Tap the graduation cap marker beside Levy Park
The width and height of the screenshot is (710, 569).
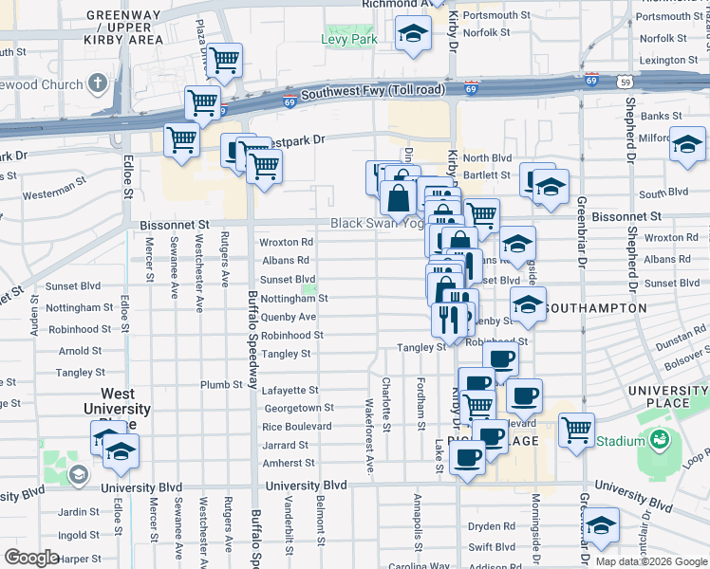pyautogui.click(x=412, y=36)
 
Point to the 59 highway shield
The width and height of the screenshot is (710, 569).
pyautogui.click(x=624, y=83)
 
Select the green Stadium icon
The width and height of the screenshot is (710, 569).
pyautogui.click(x=659, y=440)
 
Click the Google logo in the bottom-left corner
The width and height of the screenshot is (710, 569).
pyautogui.click(x=31, y=558)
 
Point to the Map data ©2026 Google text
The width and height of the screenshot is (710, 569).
pyautogui.click(x=651, y=561)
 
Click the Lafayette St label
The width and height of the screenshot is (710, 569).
pyautogui.click(x=290, y=390)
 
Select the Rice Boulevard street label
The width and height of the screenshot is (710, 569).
pyautogui.click(x=296, y=426)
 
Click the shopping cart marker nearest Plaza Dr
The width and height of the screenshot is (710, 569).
pyautogui.click(x=224, y=61)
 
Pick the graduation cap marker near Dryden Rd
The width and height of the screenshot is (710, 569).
pyautogui.click(x=602, y=524)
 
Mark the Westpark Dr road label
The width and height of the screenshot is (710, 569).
pyautogui.click(x=293, y=139)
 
